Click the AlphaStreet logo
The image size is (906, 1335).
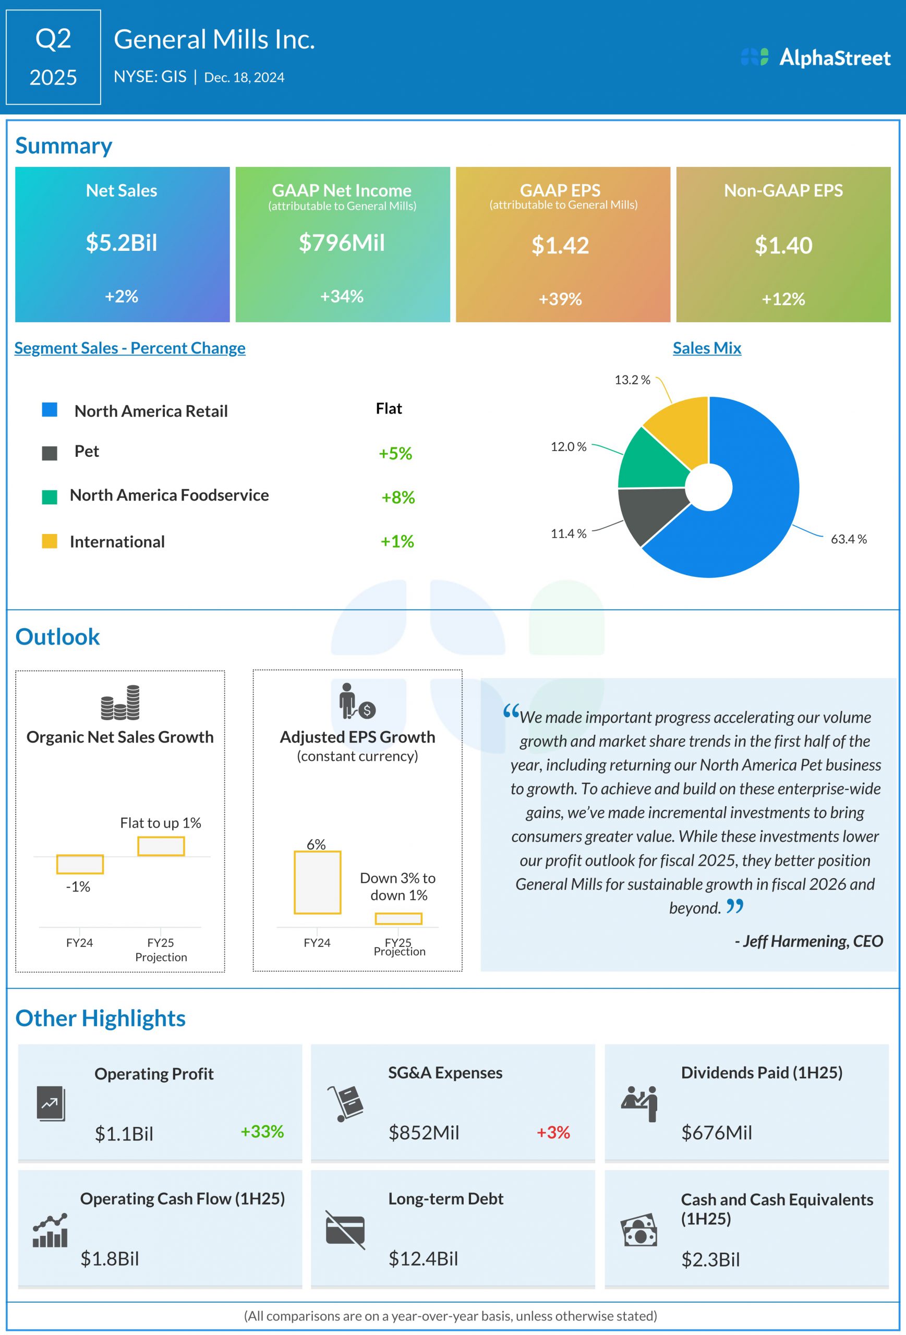816,57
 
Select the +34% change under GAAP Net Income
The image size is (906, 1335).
342,296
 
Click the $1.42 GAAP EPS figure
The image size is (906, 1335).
560,246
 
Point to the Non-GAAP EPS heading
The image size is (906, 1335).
783,191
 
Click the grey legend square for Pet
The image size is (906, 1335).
50,453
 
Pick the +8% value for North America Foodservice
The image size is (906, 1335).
398,497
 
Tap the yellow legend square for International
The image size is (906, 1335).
50,541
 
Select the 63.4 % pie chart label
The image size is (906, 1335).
849,539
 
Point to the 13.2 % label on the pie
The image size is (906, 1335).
632,380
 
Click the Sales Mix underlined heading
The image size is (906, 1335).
707,348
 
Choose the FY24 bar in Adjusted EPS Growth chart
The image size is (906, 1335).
318,882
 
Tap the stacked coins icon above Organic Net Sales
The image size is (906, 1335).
120,702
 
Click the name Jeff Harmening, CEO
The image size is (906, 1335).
808,941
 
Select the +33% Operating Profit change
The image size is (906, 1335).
262,1132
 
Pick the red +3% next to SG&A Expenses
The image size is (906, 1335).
553,1132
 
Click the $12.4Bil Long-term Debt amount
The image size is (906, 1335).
424,1258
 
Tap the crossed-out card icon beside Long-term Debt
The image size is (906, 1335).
345,1230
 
